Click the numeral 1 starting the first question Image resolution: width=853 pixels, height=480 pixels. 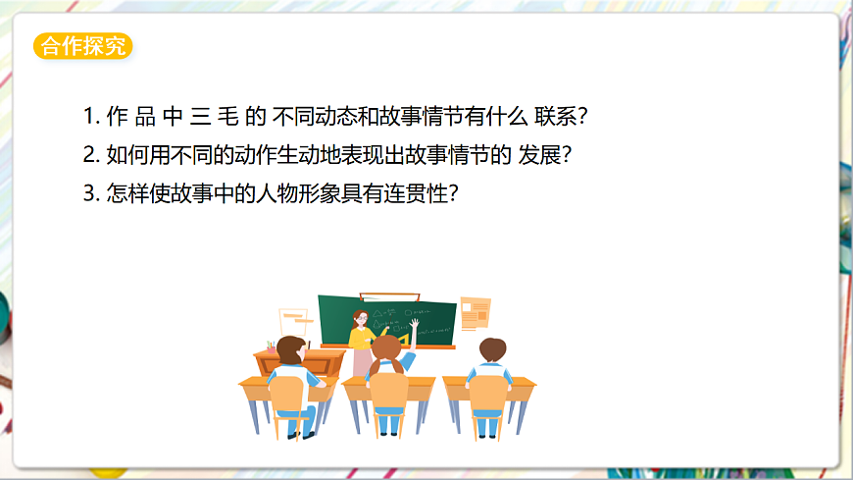tap(89, 117)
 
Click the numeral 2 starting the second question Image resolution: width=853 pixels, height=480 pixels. tap(90, 155)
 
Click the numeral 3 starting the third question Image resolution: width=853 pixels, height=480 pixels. tap(90, 193)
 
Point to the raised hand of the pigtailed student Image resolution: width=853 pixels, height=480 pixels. tap(415, 323)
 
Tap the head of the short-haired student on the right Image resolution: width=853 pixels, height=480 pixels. tap(491, 349)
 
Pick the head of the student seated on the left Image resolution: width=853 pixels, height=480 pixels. tap(289, 349)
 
